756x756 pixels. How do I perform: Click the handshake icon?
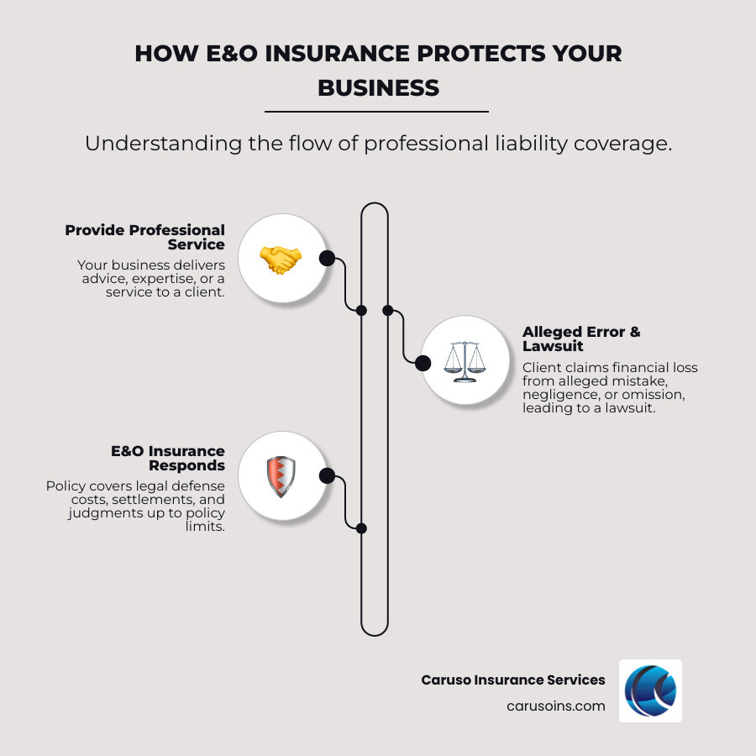point(281,259)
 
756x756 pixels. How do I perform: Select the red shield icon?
point(281,476)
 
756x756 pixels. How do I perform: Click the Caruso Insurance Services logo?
point(650,690)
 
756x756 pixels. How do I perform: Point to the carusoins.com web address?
point(555,706)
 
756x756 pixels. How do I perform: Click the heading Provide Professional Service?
point(145,237)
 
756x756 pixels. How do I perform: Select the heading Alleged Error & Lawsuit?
point(581,339)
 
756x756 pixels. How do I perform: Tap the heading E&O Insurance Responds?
point(168,458)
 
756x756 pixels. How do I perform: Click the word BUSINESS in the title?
point(378,87)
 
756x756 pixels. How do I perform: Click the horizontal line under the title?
point(376,111)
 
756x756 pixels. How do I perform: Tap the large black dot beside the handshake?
point(327,258)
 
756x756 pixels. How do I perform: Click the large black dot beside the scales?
point(423,363)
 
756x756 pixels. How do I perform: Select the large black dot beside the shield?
point(327,476)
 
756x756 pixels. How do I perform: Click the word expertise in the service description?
point(159,279)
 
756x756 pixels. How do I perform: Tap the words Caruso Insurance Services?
point(512,680)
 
